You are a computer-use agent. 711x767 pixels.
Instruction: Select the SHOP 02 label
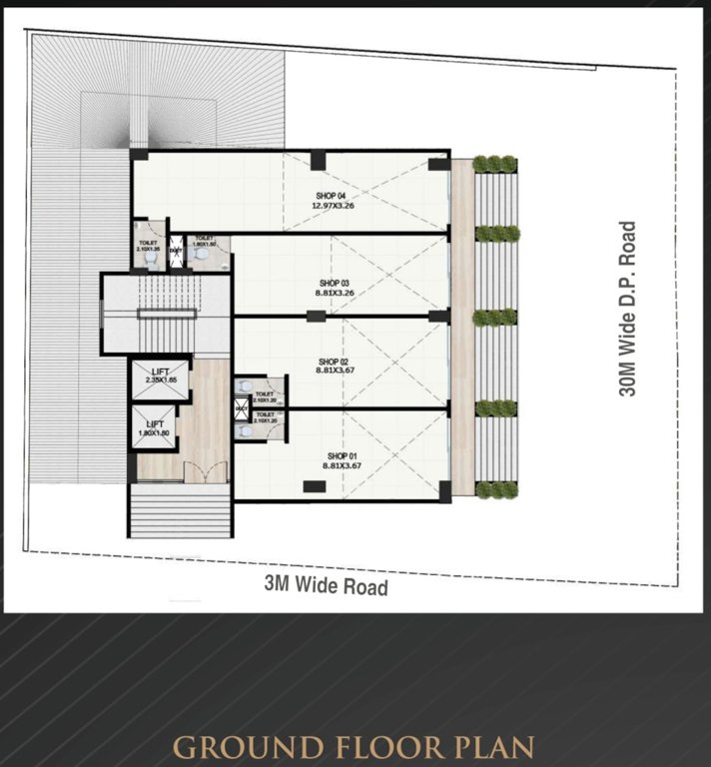(333, 362)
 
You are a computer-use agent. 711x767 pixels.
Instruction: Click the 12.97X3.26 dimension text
(333, 207)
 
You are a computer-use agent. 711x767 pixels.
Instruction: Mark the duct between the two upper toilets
(176, 252)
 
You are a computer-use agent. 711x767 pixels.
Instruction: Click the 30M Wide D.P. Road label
(627, 309)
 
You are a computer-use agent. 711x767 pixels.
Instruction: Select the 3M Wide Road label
(326, 586)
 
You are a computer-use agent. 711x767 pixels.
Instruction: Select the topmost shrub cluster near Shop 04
(495, 164)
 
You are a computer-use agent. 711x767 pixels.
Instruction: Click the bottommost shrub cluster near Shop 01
(496, 489)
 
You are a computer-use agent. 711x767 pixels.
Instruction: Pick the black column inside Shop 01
(314, 486)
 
